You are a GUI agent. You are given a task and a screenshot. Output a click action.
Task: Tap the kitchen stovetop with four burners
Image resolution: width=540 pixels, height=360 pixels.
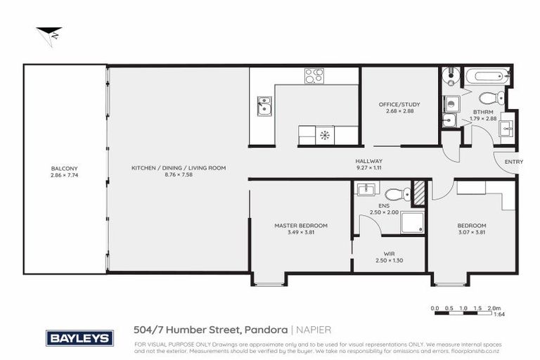coord(314,76)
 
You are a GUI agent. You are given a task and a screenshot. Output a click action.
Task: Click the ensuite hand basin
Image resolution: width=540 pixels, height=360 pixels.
coord(365,188)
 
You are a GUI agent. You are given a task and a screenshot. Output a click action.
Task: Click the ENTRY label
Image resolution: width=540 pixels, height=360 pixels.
coord(513,162)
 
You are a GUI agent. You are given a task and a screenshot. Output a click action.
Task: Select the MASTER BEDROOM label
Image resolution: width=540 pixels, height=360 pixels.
coord(300,226)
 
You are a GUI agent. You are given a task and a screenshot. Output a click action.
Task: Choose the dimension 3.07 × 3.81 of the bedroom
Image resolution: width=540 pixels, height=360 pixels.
coord(472,232)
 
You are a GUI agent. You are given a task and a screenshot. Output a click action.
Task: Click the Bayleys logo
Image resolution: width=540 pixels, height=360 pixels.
coord(79,338)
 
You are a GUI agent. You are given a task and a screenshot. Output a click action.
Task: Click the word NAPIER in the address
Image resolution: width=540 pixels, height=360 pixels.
coord(314,329)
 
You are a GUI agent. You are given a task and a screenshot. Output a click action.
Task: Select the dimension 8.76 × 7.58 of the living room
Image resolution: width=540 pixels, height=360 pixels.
coord(178,175)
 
